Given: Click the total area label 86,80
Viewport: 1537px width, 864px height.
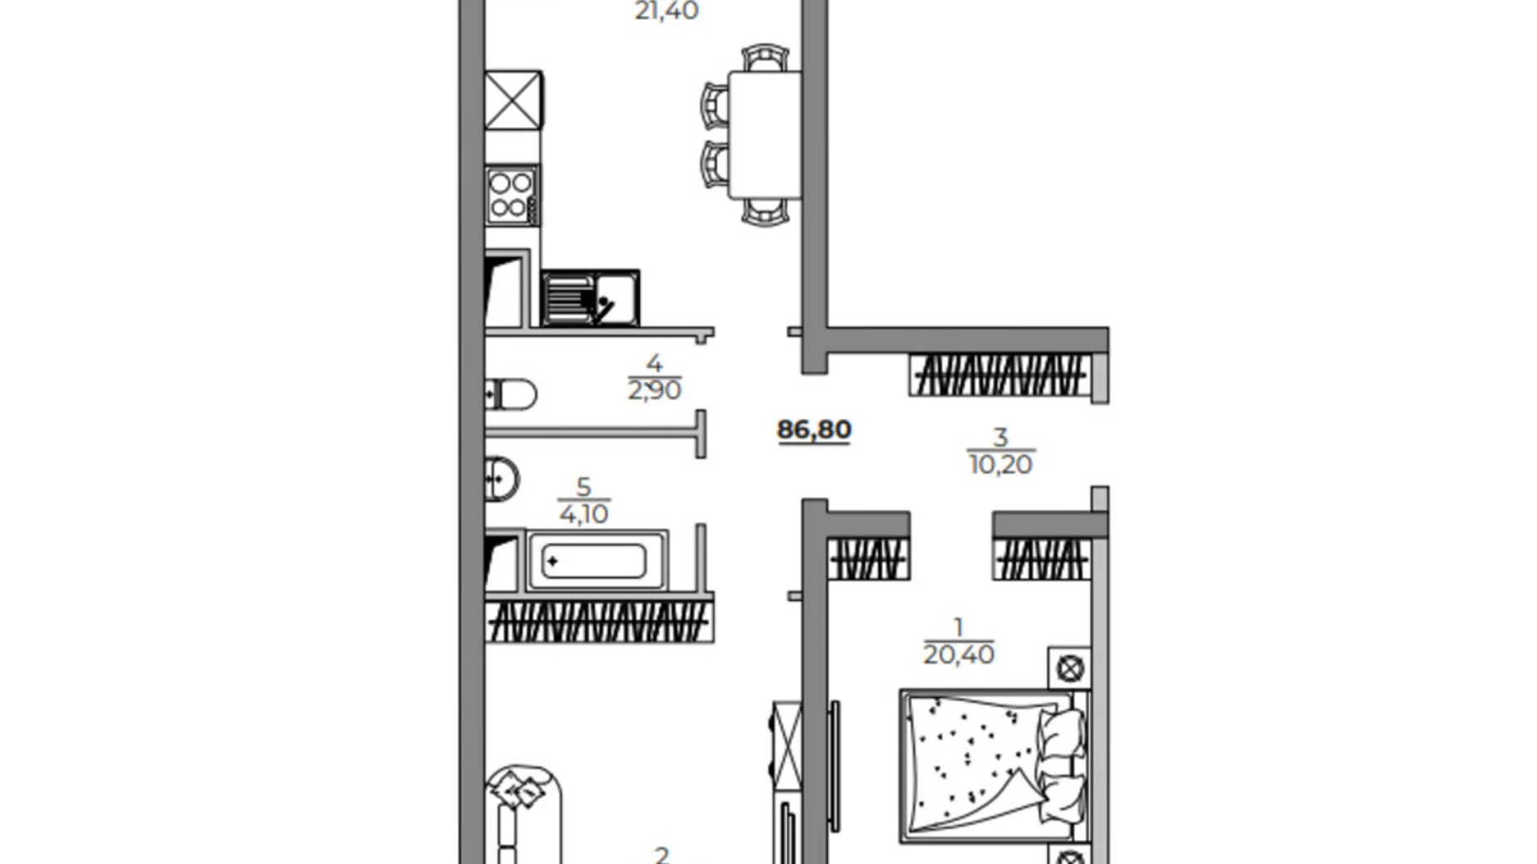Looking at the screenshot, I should tap(813, 430).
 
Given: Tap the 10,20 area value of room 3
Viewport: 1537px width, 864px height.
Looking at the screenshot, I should tap(1000, 464).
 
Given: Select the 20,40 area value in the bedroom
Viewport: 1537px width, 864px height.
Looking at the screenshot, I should tap(958, 655).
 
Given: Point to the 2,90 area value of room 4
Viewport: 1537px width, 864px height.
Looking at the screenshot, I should tap(654, 390).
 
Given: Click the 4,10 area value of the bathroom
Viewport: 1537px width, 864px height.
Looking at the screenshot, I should tap(583, 513).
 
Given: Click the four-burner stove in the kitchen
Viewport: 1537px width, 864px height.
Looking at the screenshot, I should tap(510, 195).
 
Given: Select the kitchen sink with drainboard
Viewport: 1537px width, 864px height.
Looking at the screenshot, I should tap(590, 297).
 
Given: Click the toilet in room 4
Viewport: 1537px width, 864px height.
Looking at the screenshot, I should tap(510, 395).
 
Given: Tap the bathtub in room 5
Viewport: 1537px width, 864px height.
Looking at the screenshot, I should tap(595, 561).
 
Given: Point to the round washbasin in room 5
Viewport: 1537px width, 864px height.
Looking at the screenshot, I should tap(501, 479).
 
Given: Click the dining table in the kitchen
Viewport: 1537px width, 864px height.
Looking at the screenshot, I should tap(764, 135).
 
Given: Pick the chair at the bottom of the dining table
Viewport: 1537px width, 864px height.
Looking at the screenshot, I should tap(764, 212).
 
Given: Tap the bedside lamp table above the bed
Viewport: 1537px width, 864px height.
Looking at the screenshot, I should tap(1069, 667).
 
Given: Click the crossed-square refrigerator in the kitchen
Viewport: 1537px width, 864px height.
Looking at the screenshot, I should tap(513, 100).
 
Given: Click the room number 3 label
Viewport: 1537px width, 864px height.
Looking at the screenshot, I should tap(1000, 437).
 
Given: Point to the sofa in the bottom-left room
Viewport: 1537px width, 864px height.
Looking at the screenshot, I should tap(523, 814).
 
